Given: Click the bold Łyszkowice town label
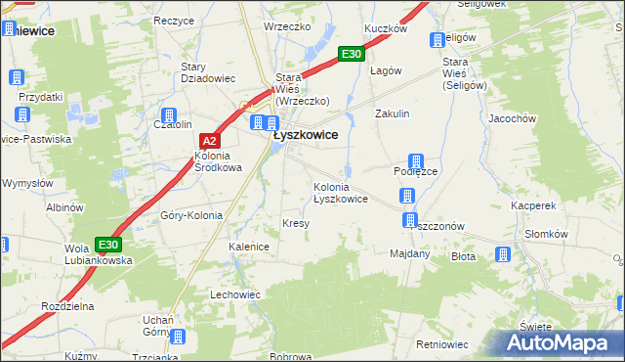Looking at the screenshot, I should (305, 136).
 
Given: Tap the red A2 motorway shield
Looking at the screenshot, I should (208, 141).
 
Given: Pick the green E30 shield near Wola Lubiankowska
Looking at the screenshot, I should (108, 244).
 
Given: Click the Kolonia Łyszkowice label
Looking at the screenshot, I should (340, 192).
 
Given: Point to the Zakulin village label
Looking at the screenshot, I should (393, 113).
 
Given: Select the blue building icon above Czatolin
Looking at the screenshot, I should (168, 113).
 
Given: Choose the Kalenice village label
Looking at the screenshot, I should (249, 247).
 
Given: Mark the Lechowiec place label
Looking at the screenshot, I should (235, 294).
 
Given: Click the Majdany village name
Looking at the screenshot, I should (409, 253).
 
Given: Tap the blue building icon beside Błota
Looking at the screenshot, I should (503, 255).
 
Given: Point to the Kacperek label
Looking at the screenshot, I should (532, 206).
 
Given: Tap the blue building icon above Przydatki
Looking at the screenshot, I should (17, 78).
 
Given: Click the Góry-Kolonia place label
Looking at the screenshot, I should (191, 215).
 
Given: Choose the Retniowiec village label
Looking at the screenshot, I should (442, 344).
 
